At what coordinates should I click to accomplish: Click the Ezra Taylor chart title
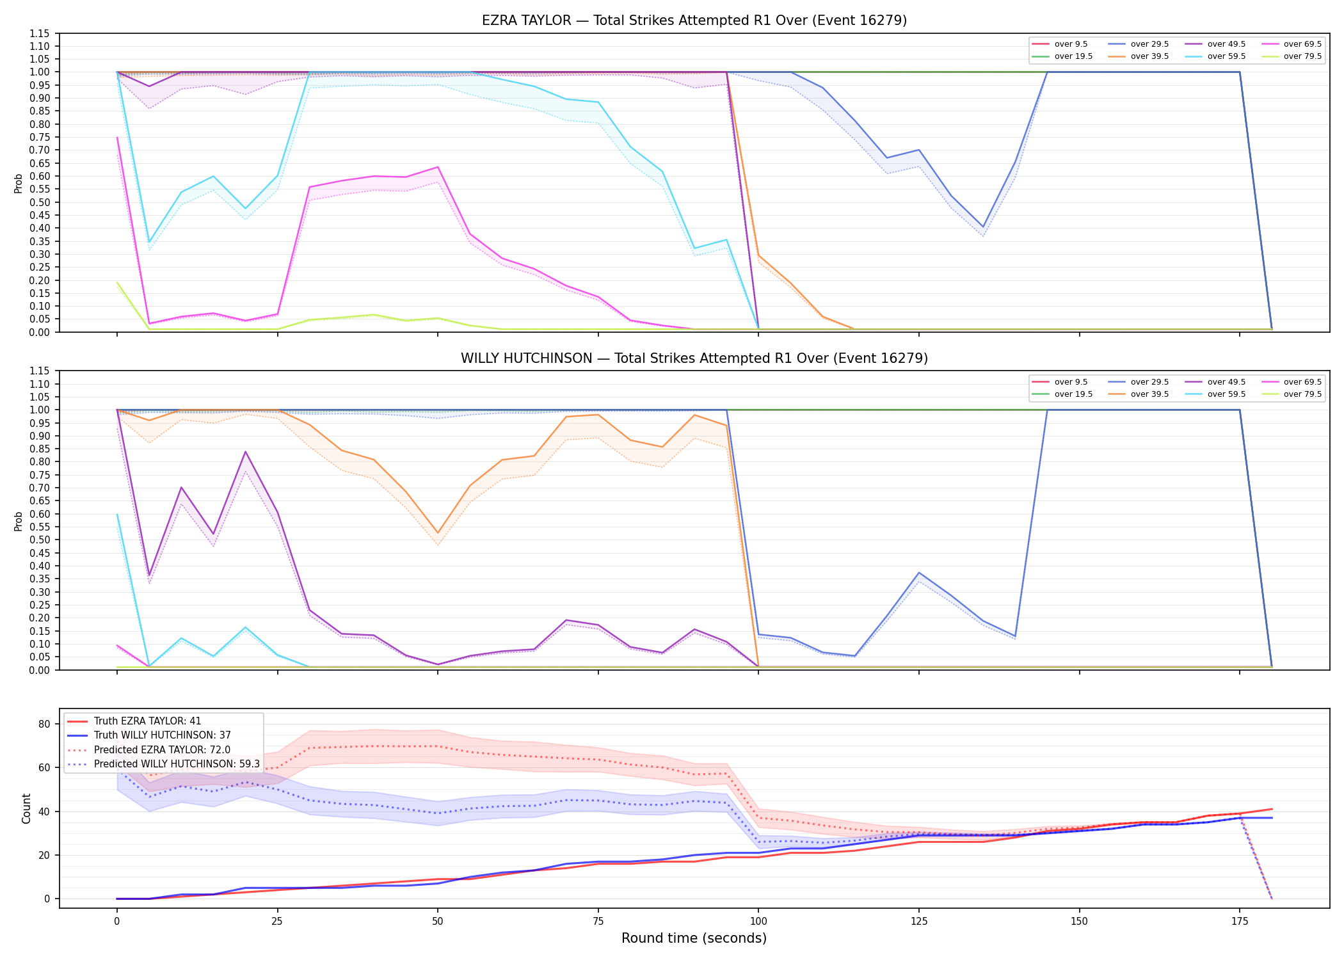[694, 20]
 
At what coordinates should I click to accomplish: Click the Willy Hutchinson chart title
[694, 358]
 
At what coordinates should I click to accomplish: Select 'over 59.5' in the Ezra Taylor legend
[1226, 56]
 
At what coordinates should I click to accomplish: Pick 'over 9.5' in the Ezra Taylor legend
[1071, 44]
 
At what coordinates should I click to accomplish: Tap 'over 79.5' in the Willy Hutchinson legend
[1302, 394]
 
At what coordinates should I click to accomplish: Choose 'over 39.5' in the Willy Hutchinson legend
[1149, 394]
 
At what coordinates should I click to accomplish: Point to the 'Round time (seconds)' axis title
[694, 938]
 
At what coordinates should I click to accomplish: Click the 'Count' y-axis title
[26, 808]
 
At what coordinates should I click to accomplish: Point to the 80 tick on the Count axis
[44, 724]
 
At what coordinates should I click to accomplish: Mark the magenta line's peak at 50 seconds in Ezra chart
[438, 167]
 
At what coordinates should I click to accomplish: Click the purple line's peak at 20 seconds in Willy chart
[245, 452]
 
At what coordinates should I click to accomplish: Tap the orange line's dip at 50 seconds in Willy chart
[438, 533]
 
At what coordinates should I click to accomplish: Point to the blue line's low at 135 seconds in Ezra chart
[983, 227]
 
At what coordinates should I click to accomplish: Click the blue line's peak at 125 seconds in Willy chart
[919, 573]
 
